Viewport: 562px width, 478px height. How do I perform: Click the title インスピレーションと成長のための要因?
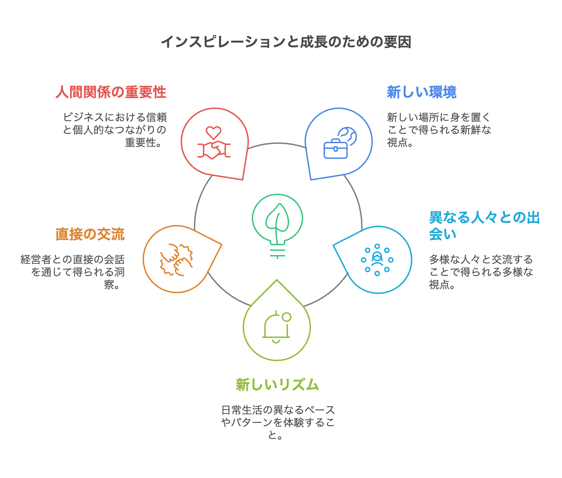point(286,42)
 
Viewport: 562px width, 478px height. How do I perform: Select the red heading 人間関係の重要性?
point(111,92)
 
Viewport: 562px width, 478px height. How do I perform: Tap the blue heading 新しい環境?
point(421,92)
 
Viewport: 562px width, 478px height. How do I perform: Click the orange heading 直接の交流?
point(90,234)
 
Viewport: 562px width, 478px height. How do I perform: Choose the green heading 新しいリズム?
point(277,385)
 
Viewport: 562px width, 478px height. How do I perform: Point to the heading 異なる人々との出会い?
point(484,225)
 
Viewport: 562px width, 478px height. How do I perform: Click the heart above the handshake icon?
point(213,132)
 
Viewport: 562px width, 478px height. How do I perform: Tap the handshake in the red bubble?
point(214,150)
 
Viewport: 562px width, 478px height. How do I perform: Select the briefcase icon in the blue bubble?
point(335,149)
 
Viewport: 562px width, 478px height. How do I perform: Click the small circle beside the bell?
point(287,317)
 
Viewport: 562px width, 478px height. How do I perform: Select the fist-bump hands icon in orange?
point(176,260)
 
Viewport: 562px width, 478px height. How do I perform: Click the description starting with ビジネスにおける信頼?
point(115,130)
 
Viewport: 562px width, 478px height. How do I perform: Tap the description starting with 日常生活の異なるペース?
point(278,422)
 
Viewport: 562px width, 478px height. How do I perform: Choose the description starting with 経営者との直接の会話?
point(73,272)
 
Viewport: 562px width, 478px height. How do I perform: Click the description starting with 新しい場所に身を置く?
point(439,130)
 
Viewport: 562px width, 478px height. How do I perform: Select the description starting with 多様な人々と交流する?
point(481,272)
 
